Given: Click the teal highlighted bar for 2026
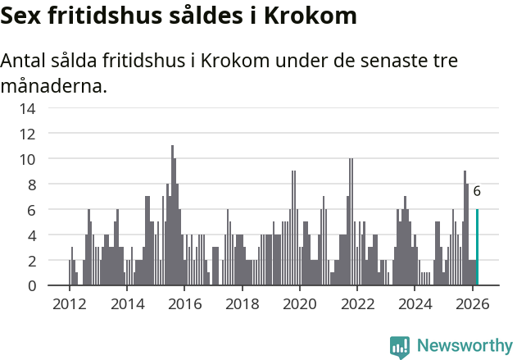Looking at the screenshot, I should pos(477,247).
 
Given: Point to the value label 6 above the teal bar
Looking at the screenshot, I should pos(477,191).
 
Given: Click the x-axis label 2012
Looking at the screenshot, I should pos(69,303).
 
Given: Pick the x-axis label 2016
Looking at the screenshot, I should pos(184,303).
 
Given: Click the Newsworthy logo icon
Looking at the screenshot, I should pos(400,347).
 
